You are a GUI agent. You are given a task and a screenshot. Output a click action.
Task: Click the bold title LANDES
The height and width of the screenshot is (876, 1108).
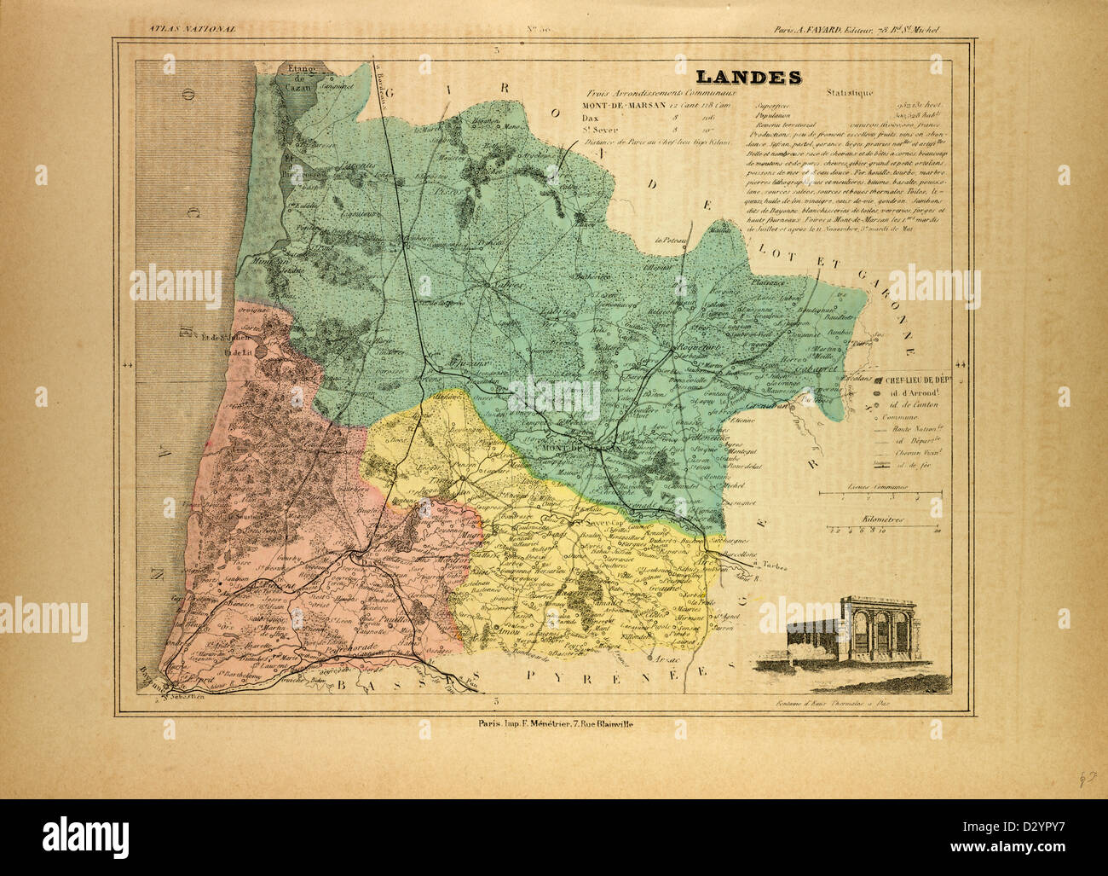click(747, 77)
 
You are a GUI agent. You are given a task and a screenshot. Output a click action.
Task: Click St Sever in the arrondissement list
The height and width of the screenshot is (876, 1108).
click(600, 130)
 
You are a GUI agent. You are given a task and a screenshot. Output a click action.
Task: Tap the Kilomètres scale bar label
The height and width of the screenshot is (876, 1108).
click(883, 519)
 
